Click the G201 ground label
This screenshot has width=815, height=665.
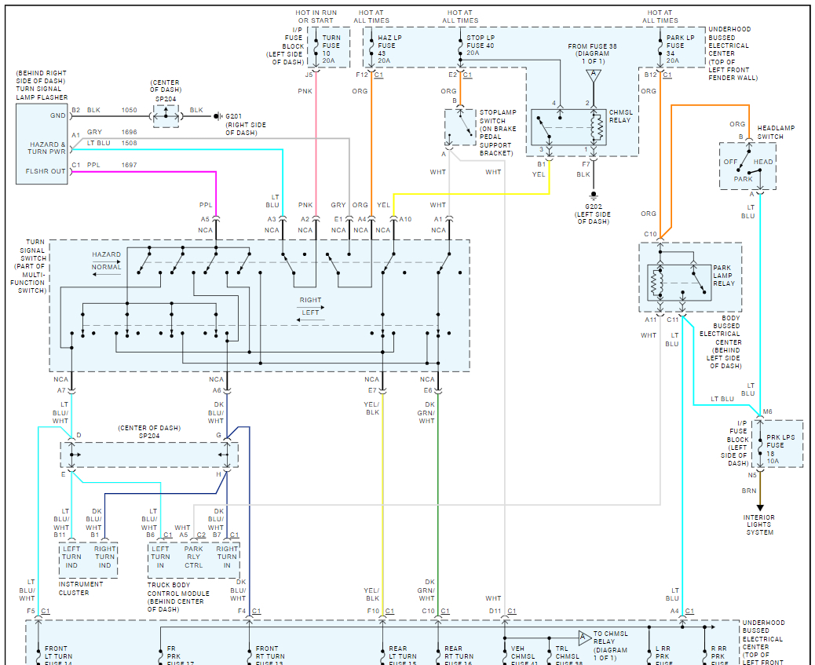click(235, 117)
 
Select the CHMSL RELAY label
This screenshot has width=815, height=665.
click(619, 116)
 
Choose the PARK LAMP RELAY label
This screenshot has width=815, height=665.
click(723, 276)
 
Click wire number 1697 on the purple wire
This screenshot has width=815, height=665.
click(129, 165)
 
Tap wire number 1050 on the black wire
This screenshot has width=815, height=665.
click(129, 111)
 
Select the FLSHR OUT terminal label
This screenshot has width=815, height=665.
click(46, 171)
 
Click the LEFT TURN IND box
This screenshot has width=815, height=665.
click(71, 557)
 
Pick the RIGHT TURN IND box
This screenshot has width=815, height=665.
click(105, 557)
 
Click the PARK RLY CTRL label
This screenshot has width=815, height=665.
click(193, 557)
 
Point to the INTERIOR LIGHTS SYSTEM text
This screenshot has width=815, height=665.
click(758, 524)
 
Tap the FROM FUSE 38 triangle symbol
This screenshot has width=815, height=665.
click(593, 76)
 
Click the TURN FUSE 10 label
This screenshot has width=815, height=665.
click(331, 49)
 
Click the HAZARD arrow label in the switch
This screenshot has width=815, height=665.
click(106, 254)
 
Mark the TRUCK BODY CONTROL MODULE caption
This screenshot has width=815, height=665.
click(178, 597)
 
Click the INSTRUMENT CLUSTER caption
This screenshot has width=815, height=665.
click(80, 588)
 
